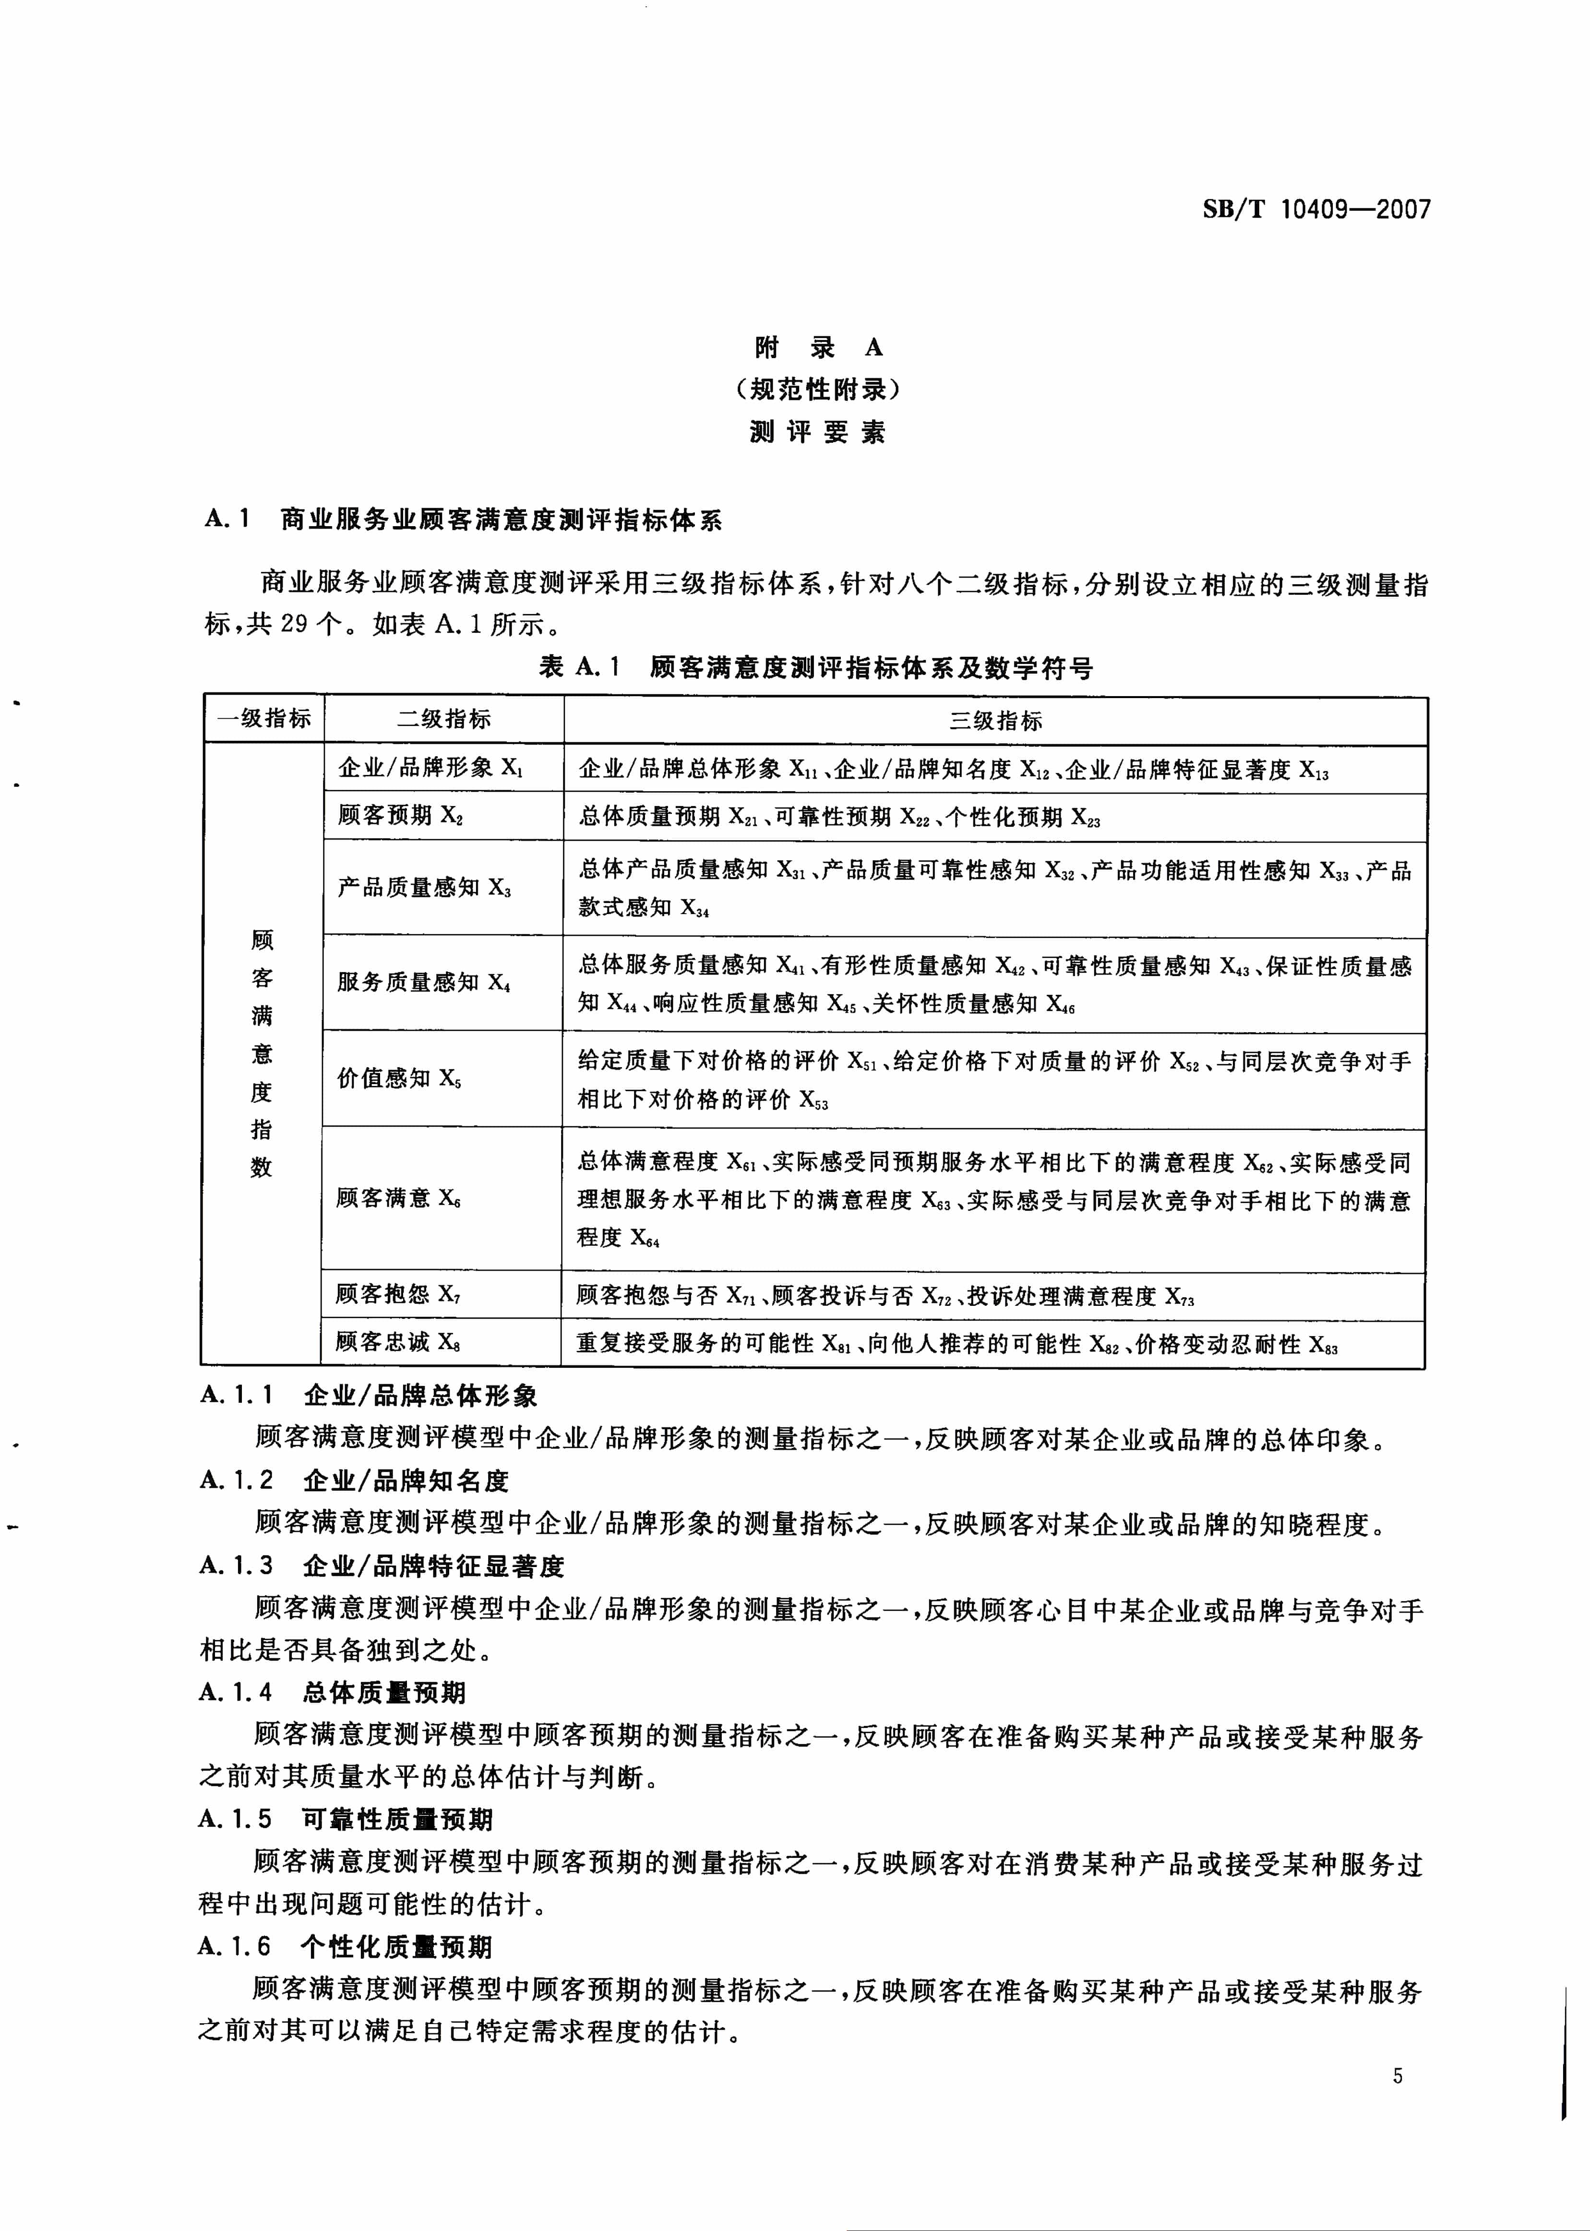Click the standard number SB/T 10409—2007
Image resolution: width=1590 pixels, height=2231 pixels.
[1316, 209]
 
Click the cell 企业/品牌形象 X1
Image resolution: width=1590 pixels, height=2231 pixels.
[431, 768]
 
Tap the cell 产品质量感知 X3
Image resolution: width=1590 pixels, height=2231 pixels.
[424, 887]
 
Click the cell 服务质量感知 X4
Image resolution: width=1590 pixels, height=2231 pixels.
[424, 982]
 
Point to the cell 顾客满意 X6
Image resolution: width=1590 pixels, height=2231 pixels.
[398, 1198]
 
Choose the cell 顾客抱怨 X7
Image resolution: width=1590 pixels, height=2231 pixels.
[397, 1295]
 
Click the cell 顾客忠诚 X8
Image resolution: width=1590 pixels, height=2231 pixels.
[397, 1342]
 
